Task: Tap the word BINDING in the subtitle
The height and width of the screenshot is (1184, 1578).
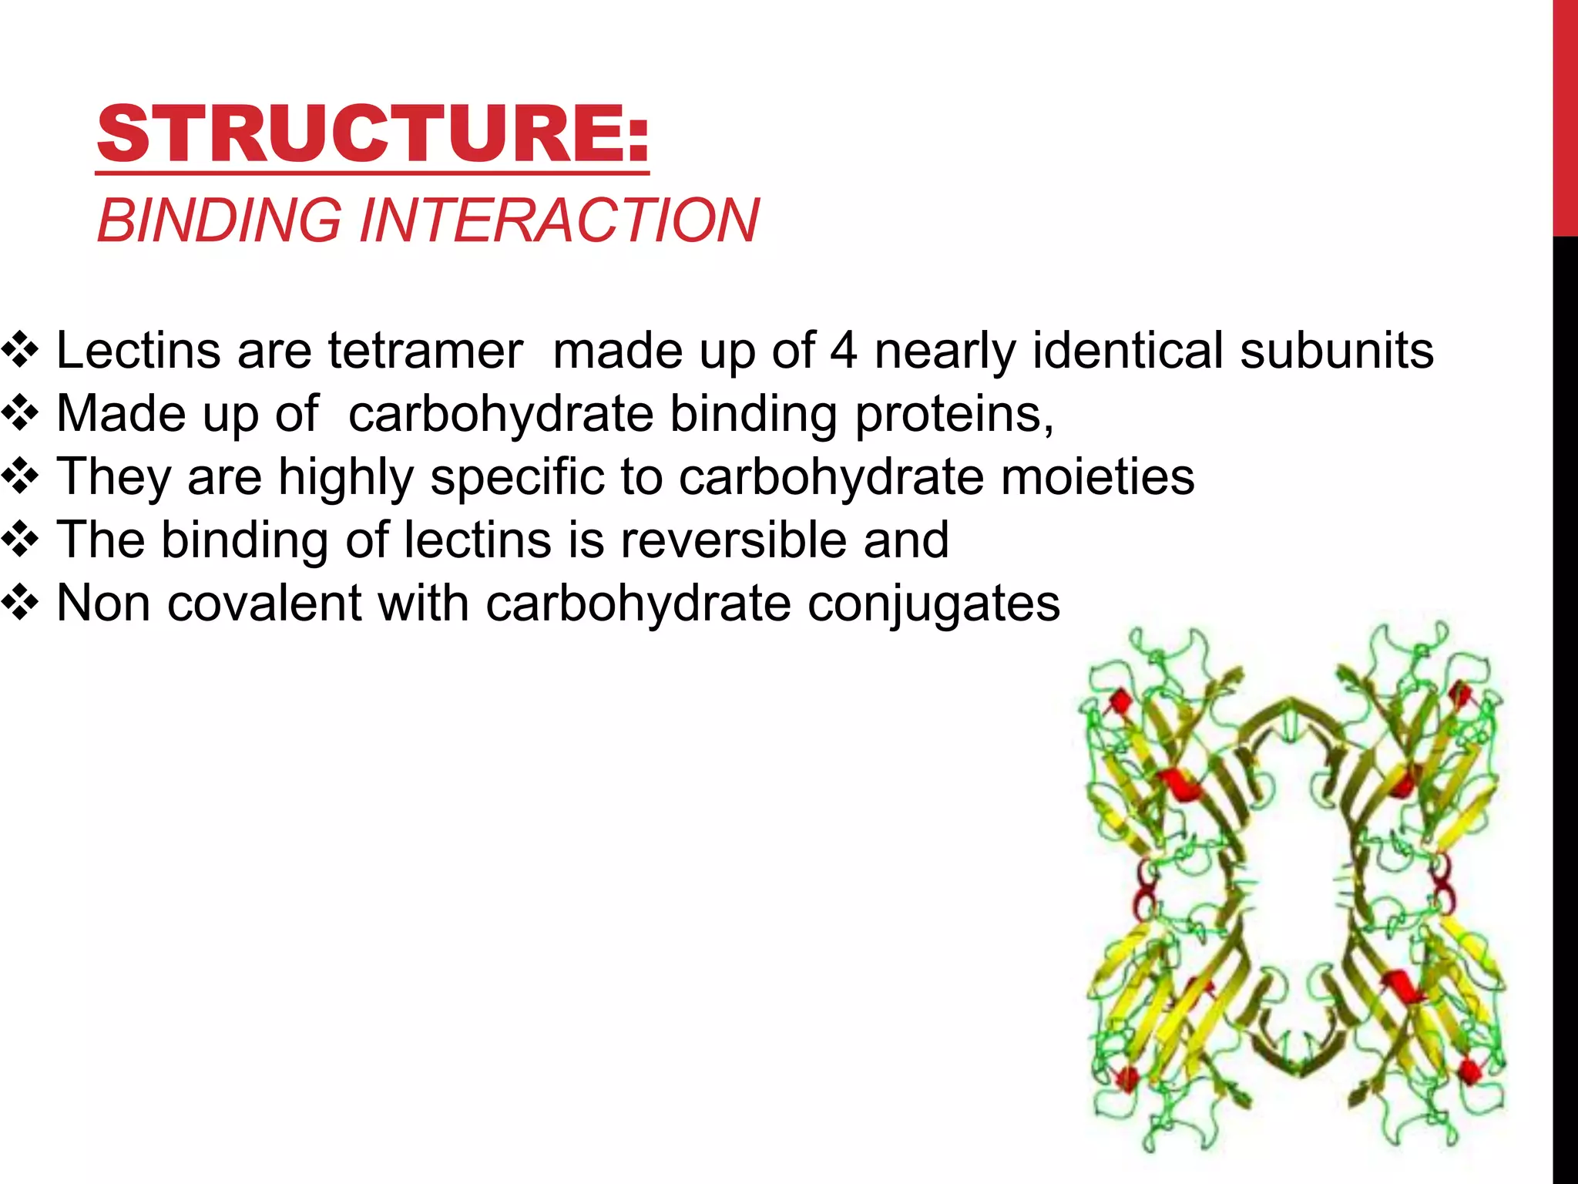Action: tap(219, 221)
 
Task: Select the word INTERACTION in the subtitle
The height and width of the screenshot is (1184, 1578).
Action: tap(559, 221)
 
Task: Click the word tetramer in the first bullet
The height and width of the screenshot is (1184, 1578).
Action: tap(425, 351)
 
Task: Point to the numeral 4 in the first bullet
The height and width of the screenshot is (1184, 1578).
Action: tap(843, 351)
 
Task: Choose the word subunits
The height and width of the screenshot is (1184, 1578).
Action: tap(1337, 351)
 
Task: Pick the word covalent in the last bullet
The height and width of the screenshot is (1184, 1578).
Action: tap(264, 603)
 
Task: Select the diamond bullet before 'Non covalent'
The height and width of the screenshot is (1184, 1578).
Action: tap(21, 603)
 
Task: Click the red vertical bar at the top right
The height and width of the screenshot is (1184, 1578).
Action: tap(1565, 116)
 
